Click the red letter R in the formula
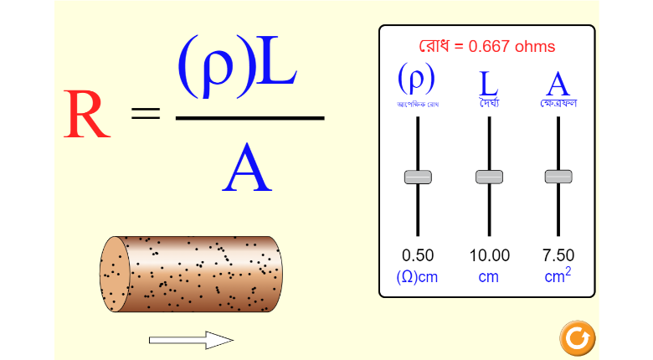click(86, 115)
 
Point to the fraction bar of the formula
click(249, 118)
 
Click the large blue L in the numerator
click(276, 64)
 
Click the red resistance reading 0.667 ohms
click(486, 47)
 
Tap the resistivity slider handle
click(418, 177)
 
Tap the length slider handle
click(489, 177)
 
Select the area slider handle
click(558, 177)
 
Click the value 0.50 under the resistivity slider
click(418, 255)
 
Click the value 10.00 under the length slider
click(489, 255)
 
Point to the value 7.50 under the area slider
click(558, 255)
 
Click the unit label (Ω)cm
click(418, 276)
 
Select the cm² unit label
click(558, 275)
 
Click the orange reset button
click(576, 337)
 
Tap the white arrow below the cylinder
click(191, 340)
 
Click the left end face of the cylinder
click(113, 274)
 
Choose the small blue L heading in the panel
click(489, 83)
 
